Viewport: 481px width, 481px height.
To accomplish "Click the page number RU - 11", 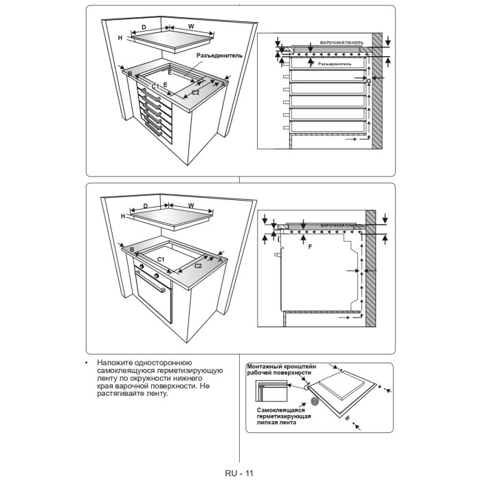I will pyautogui.click(x=240, y=473).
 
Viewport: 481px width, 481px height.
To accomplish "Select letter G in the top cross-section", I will pyautogui.click(x=369, y=82).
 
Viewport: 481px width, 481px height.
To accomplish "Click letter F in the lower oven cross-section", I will pyautogui.click(x=310, y=246).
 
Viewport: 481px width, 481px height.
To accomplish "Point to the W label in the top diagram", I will pyautogui.click(x=191, y=27).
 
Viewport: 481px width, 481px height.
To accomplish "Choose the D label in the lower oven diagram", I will pyautogui.click(x=145, y=205).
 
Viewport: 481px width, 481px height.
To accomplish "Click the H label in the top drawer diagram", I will pyautogui.click(x=120, y=38).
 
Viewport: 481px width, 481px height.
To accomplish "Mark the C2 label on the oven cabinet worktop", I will pyautogui.click(x=198, y=265).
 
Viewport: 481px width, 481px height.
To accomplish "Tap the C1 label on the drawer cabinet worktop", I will pyautogui.click(x=156, y=86).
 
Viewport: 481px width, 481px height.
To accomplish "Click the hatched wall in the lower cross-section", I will pyautogui.click(x=371, y=268).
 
